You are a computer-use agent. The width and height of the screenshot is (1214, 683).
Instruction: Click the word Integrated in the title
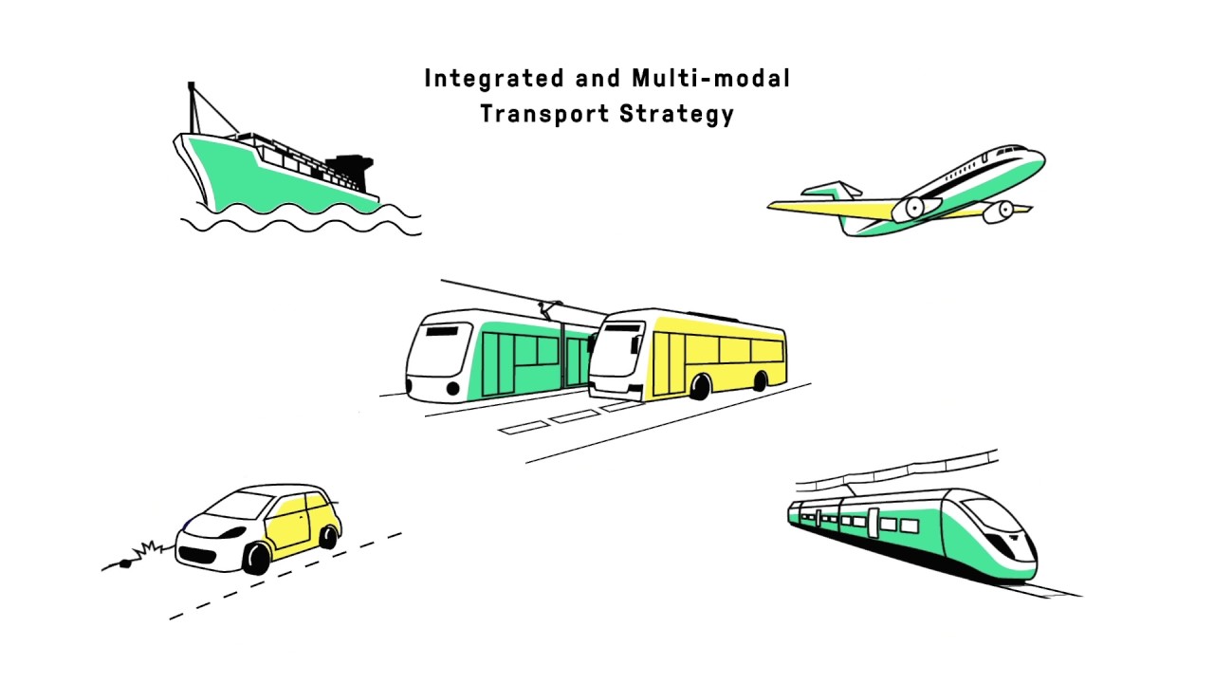click(494, 79)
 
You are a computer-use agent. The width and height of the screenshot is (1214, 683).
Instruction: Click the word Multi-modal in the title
click(710, 78)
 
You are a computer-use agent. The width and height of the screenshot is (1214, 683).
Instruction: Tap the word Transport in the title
click(544, 115)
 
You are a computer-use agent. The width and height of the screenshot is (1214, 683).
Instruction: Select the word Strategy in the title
click(677, 115)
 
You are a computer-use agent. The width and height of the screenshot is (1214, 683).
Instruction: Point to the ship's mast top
click(191, 85)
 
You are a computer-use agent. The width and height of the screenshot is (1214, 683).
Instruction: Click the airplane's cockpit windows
click(1011, 150)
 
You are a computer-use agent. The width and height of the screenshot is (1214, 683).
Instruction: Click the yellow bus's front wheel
click(700, 387)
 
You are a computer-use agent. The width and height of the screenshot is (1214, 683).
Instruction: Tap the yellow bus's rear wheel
click(760, 381)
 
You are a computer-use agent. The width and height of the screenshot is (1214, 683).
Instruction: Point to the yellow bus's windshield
click(617, 350)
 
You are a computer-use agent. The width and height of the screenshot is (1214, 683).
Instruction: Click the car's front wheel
click(257, 559)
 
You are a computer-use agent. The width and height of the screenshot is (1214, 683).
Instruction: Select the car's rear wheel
click(328, 537)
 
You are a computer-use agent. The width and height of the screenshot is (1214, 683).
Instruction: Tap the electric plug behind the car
click(126, 563)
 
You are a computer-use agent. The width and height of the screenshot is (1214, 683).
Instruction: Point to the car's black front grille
click(197, 555)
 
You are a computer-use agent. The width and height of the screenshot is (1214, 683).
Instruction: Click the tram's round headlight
click(453, 388)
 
